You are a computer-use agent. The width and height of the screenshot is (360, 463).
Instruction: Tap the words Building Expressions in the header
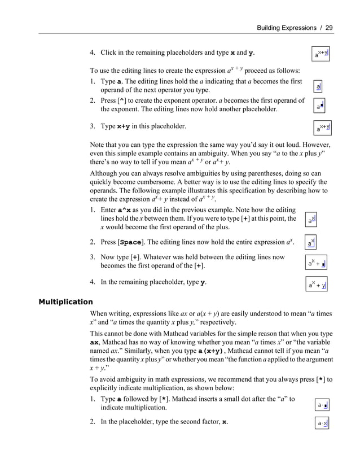click(x=286, y=27)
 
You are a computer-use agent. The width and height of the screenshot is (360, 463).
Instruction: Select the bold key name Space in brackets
click(x=131, y=242)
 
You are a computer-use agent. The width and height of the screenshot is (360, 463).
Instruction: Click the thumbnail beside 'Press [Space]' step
click(x=310, y=242)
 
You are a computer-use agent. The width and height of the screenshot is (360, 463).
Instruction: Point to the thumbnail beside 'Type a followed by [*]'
click(x=323, y=405)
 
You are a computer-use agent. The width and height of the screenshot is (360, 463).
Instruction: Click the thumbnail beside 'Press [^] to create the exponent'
click(x=320, y=105)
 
